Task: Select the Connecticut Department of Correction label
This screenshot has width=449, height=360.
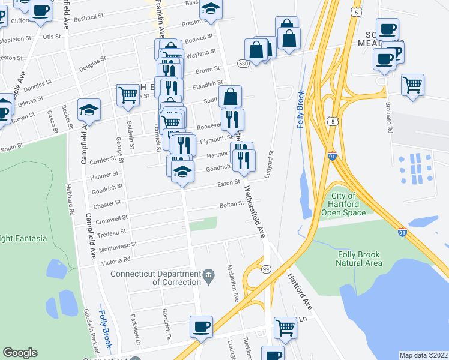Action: [x=155, y=278]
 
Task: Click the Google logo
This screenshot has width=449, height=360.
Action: [x=20, y=353]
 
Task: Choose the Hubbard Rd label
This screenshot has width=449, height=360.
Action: [x=70, y=203]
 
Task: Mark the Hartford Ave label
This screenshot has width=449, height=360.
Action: [x=298, y=289]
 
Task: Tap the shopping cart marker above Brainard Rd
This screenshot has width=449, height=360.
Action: [x=412, y=85]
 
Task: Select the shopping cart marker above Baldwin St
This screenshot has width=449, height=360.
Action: [x=128, y=94]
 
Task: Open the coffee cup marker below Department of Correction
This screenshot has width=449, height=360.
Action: [x=201, y=326]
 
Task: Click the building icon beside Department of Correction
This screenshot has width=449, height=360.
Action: [x=208, y=276]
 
